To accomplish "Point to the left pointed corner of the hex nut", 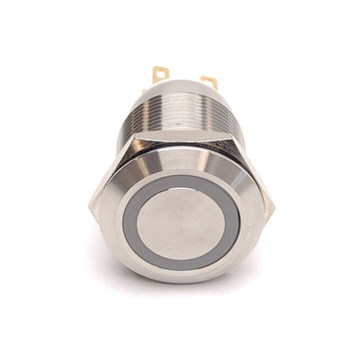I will click(91, 205).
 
